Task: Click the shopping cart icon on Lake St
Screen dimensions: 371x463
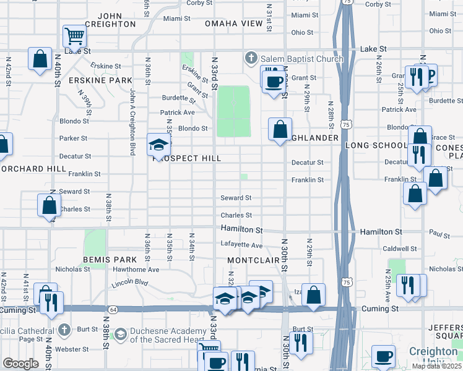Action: (x=74, y=36)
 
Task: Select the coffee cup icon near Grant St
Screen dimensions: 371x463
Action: (x=274, y=81)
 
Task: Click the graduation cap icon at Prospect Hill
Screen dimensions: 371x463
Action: (x=158, y=145)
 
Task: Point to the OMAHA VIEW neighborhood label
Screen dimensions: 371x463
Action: (x=234, y=23)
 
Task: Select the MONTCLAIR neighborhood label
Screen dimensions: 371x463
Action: (x=253, y=260)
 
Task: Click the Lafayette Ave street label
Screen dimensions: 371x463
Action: (x=241, y=245)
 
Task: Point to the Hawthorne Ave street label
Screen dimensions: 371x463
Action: (x=136, y=270)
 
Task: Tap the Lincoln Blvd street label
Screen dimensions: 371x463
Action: (x=131, y=284)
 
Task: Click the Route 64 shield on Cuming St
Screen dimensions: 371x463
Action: (x=112, y=309)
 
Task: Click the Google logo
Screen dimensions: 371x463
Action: (x=20, y=363)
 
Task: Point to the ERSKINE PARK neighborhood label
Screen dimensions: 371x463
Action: (x=101, y=80)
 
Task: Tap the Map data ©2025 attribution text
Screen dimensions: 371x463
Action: (x=436, y=366)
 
